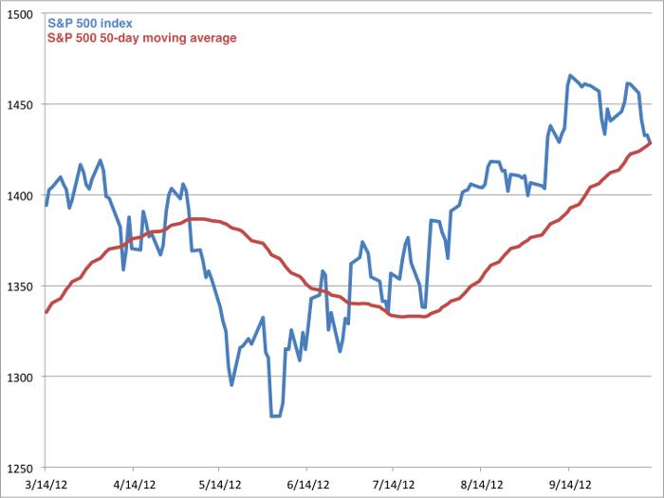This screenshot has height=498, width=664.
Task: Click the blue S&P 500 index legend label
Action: tap(96, 22)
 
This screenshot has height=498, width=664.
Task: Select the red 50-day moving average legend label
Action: tap(141, 37)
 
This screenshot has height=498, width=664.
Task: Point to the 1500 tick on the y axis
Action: tap(24, 14)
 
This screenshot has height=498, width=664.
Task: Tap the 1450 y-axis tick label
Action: tap(24, 105)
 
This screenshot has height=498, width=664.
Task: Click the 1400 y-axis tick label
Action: tap(24, 196)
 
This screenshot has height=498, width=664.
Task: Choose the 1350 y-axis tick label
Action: tap(24, 287)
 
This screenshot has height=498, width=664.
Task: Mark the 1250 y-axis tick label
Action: tap(24, 469)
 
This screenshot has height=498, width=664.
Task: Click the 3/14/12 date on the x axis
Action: tap(45, 483)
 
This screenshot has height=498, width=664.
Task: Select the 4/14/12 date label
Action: tap(132, 483)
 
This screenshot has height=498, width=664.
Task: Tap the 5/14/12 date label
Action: tap(218, 483)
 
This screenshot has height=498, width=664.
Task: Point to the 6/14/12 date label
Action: tap(306, 483)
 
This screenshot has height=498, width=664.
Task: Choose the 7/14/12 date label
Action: tap(393, 483)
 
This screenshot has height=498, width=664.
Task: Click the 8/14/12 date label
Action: tap(481, 483)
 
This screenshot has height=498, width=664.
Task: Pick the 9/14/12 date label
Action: tap(568, 483)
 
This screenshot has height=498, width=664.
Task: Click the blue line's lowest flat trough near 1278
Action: tap(275, 415)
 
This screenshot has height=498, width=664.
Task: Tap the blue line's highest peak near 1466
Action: tap(570, 75)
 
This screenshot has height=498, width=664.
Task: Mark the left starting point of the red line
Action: tap(46, 312)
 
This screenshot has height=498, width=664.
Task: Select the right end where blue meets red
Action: tap(651, 143)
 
